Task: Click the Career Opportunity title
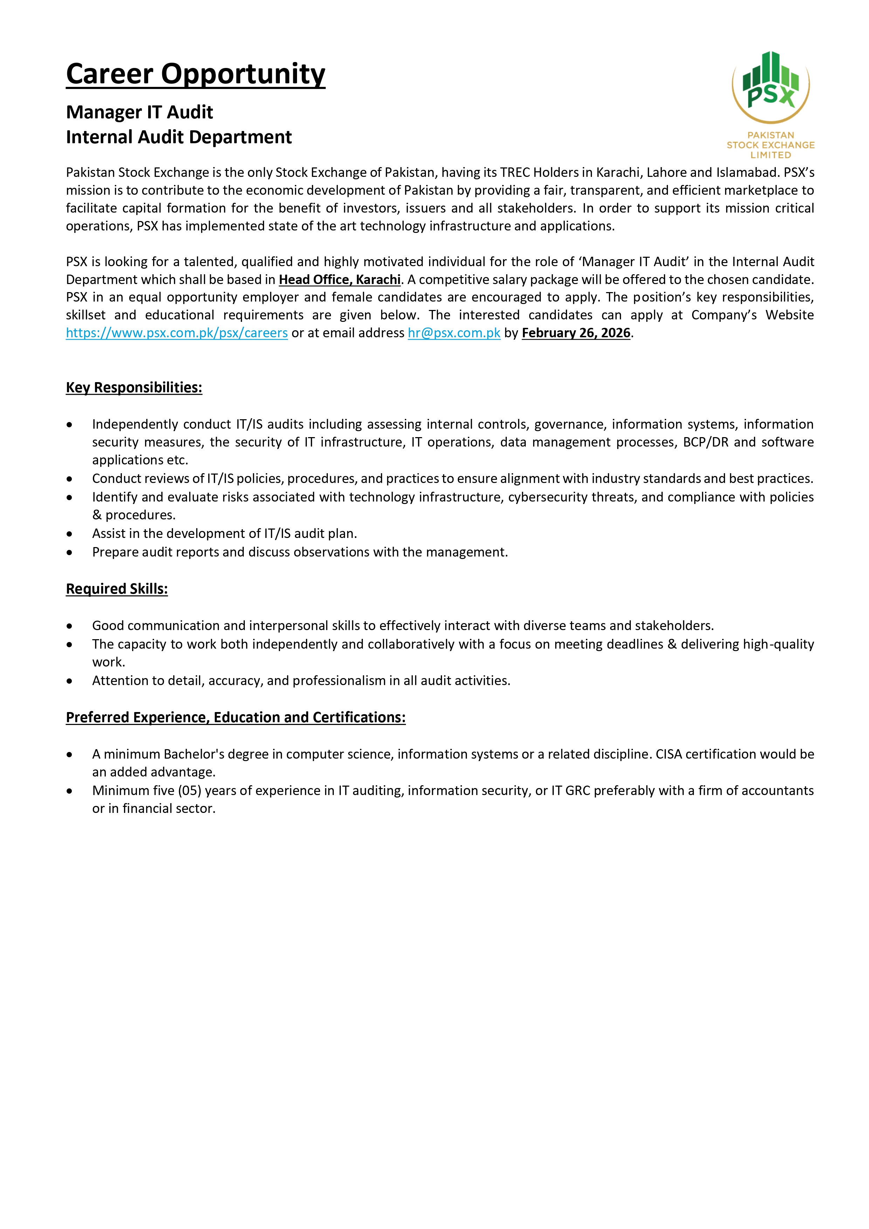tap(195, 74)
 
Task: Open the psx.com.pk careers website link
tap(177, 333)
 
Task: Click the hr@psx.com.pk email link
tap(454, 333)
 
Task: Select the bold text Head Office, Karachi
tap(339, 280)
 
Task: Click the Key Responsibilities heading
tap(134, 387)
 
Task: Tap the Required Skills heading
tap(117, 589)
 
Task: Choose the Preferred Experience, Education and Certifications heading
tap(236, 717)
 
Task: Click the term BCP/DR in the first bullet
tap(706, 442)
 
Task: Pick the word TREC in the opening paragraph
tap(515, 172)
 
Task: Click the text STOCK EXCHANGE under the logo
tap(771, 145)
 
